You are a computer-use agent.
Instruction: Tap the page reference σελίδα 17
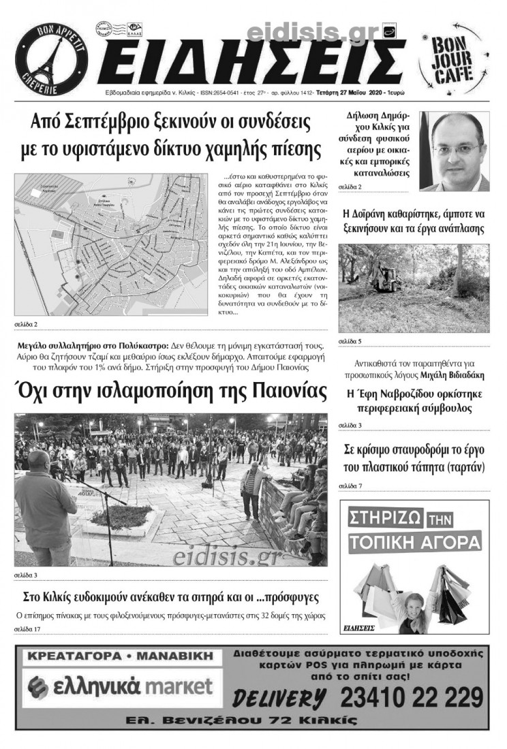[28, 628]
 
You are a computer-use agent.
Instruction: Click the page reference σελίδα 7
[350, 485]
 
